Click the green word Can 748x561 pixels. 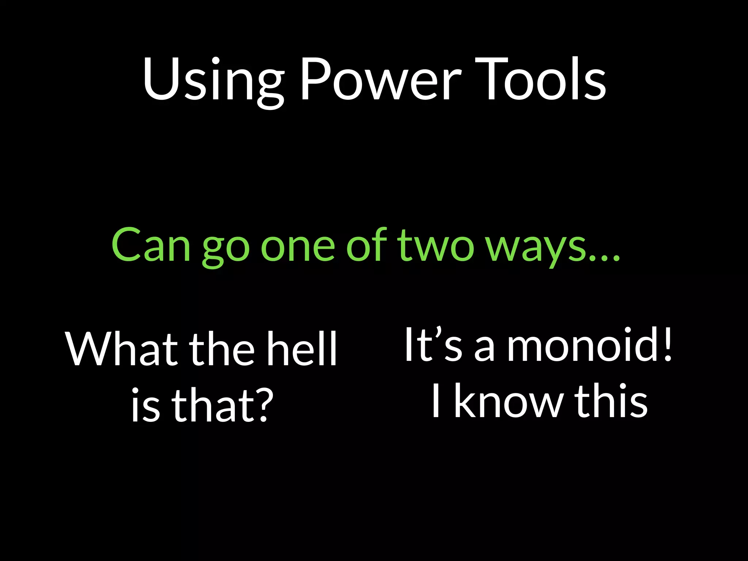coord(151,245)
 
